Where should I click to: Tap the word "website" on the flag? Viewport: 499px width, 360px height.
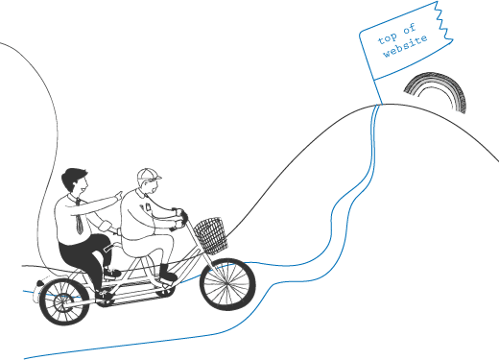click(401, 49)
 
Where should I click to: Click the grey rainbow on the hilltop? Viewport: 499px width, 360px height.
click(437, 91)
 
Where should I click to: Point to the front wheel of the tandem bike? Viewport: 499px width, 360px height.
click(228, 285)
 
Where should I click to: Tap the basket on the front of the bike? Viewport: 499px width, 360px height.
click(211, 233)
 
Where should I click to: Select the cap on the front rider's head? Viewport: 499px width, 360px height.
click(148, 176)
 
